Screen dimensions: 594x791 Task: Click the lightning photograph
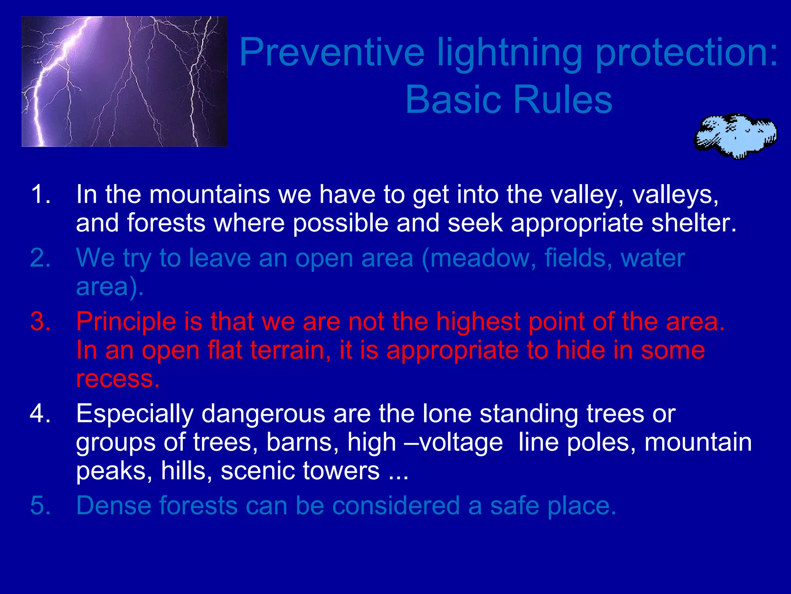(x=124, y=82)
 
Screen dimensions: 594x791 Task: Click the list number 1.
(x=40, y=194)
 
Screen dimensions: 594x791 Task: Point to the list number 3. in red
(x=40, y=322)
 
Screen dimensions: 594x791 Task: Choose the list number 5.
(x=40, y=505)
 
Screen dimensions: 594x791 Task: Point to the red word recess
(x=117, y=379)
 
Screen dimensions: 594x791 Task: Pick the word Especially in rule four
(x=134, y=414)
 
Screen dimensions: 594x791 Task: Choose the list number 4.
(x=40, y=414)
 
